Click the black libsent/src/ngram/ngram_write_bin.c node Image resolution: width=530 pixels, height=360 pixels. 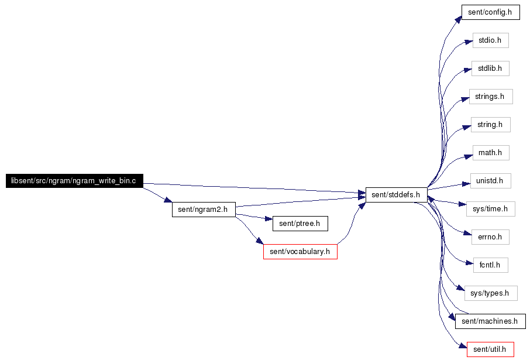74,181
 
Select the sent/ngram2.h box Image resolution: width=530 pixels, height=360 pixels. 204,209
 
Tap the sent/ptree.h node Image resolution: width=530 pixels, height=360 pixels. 300,223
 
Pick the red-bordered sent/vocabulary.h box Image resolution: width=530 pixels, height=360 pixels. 300,252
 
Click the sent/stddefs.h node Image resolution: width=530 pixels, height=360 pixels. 396,195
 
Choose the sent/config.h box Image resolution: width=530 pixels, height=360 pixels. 490,12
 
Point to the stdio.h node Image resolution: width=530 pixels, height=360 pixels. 490,40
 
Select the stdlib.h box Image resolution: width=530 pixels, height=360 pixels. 490,68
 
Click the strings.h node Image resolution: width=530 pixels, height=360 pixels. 491,97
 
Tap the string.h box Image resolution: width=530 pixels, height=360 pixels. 490,125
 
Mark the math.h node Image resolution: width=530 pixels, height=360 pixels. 490,153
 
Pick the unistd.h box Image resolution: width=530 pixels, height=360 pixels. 490,180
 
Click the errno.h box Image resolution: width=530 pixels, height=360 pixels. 490,236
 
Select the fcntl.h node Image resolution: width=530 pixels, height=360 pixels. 490,265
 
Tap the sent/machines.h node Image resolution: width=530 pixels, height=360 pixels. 490,321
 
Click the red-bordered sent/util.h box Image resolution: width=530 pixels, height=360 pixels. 490,349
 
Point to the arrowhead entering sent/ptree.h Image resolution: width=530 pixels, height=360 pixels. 269,221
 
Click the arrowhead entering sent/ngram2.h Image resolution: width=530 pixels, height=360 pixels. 168,201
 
